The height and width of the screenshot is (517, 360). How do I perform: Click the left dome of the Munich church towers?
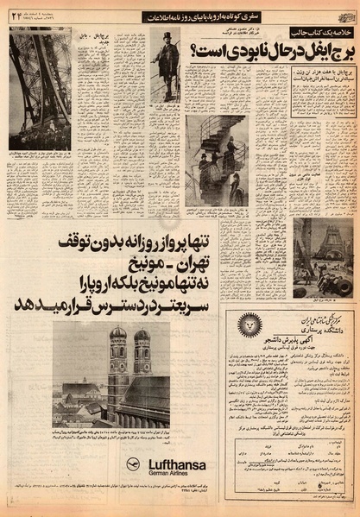point(117,333)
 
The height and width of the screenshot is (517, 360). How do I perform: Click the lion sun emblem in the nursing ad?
point(250,325)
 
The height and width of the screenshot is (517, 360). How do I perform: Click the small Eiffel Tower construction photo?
point(322,256)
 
